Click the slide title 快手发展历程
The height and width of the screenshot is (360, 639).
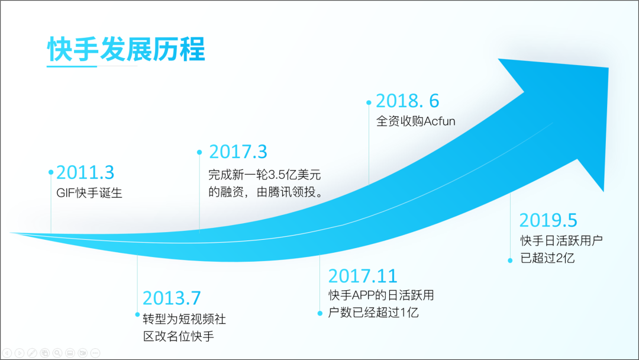coord(126,49)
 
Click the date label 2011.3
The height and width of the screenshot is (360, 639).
coord(85,172)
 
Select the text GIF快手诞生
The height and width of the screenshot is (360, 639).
coord(89,193)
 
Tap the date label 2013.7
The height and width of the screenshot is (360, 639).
coord(172,298)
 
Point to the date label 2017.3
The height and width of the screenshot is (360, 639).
coord(238,152)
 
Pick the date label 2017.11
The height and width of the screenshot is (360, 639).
coord(363,276)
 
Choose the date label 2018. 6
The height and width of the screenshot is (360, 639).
coord(408,101)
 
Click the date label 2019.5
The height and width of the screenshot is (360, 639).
coord(548,220)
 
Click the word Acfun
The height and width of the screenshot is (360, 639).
coord(439,121)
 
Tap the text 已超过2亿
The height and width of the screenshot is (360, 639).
coord(547,258)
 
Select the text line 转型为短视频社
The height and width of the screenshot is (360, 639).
coord(184,319)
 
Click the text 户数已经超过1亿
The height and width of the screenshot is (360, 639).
coord(373,313)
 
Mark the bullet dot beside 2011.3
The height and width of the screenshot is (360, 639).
coord(51,172)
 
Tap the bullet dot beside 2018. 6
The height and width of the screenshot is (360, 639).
coord(369,103)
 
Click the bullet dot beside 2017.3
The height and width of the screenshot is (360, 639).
coord(199,152)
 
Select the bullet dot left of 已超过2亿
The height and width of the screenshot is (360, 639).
coord(510,261)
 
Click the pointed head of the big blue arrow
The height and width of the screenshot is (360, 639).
coord(608,68)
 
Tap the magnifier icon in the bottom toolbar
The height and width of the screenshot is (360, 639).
coord(57,353)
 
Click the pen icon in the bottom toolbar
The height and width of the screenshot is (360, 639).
coord(32,353)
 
